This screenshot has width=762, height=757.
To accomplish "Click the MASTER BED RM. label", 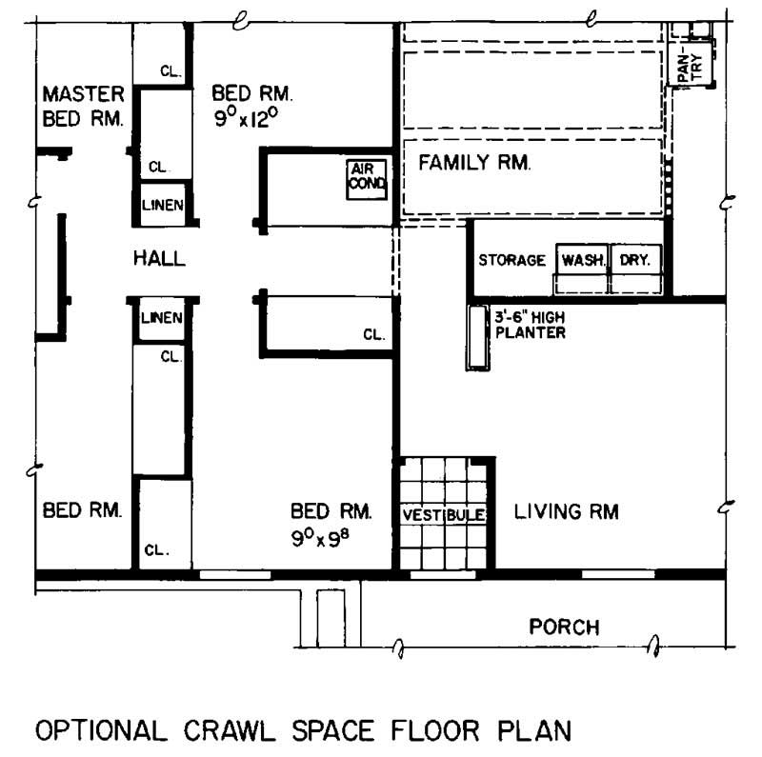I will point(84,106).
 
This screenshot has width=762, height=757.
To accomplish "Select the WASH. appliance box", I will point(583,260).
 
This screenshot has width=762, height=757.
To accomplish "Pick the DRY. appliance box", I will point(634,260).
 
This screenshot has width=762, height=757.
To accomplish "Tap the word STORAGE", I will point(511,260).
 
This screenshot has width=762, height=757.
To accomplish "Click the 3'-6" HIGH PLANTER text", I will point(530,326).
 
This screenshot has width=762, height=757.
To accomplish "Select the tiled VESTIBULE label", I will point(443,514).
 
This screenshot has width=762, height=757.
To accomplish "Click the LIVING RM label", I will point(566,512).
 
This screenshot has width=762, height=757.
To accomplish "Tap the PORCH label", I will point(565,628).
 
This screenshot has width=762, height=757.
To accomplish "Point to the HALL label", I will point(159,258).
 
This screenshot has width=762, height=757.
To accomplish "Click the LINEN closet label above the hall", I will point(162,206).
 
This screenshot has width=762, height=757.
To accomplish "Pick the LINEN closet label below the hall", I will point(162,318).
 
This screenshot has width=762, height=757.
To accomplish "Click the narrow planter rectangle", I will point(476,337).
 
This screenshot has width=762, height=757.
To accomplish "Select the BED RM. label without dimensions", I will point(83,511).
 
